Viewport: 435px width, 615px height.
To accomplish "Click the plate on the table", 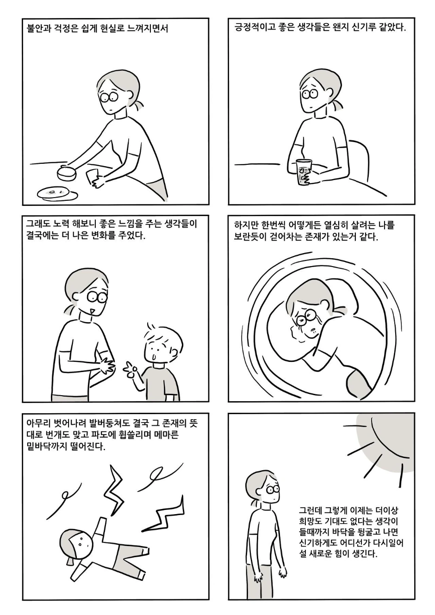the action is [57, 193].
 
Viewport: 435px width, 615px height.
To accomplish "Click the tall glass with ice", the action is [304, 173].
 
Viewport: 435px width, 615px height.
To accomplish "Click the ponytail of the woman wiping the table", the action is [139, 106].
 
